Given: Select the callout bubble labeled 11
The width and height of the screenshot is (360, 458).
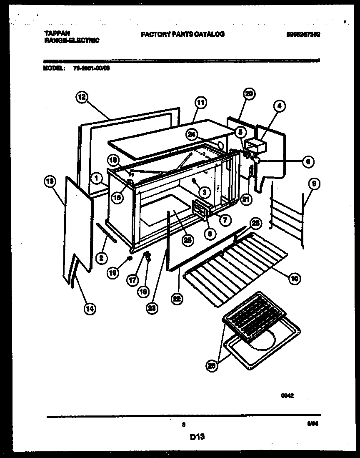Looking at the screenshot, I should [x=200, y=102].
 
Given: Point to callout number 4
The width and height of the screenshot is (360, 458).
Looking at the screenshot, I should [x=280, y=106].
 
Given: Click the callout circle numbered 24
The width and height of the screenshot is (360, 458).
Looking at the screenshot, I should [x=191, y=134].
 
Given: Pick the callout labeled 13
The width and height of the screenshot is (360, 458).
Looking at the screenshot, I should [x=50, y=181].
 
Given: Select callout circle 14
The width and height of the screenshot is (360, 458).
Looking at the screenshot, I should [x=90, y=308].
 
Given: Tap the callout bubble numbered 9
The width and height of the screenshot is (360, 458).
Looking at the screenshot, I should [x=314, y=183].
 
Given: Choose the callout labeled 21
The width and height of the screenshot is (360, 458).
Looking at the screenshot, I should [x=247, y=199].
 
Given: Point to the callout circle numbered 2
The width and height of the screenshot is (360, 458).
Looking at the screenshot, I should [x=100, y=258].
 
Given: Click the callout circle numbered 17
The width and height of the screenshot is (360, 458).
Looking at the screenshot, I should [x=132, y=280].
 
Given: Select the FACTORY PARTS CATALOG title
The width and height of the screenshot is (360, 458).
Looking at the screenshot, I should [x=182, y=34].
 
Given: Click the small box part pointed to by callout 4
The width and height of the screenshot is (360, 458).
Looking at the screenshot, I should [x=255, y=146].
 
